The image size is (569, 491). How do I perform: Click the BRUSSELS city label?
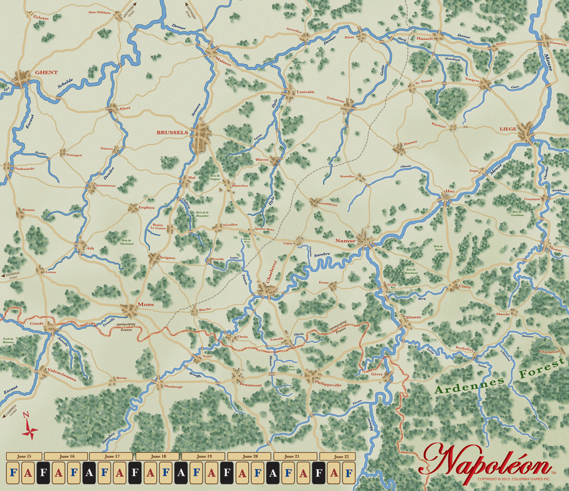click(x=172, y=133)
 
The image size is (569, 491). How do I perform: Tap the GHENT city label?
click(x=46, y=72)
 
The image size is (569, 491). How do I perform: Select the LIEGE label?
click(x=508, y=129)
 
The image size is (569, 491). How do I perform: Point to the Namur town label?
click(x=345, y=241)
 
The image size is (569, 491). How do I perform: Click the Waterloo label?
click(x=239, y=186)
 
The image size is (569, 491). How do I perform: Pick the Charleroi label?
click(x=272, y=271)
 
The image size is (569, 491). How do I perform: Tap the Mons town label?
click(x=146, y=304)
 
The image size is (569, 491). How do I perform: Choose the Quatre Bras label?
click(x=264, y=229)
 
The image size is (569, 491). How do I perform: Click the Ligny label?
click(x=288, y=243)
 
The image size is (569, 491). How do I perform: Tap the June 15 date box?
click(x=24, y=456)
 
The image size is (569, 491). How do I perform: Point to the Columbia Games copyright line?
click(x=514, y=479)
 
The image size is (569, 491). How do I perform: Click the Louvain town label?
click(x=305, y=92)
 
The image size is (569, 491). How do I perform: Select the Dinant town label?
click(x=413, y=317)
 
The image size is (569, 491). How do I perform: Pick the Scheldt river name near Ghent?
click(x=65, y=86)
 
